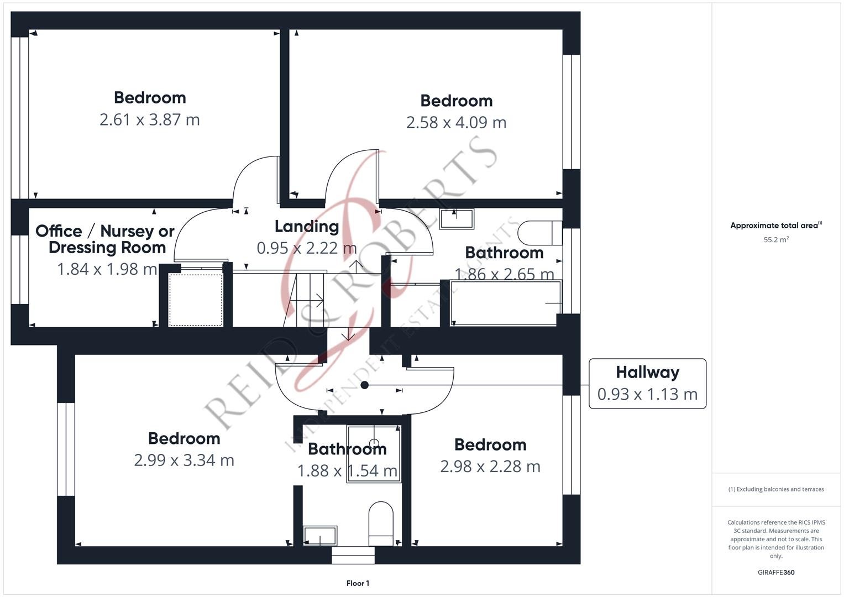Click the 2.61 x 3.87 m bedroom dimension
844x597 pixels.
tap(150, 119)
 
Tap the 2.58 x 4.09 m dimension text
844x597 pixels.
tap(456, 122)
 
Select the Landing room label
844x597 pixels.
tap(307, 226)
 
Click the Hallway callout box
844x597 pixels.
tap(647, 384)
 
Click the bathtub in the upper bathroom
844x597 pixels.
tap(505, 303)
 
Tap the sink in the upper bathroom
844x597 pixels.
tap(457, 219)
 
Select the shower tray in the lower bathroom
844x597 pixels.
tap(374, 453)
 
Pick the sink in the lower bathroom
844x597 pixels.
tap(320, 536)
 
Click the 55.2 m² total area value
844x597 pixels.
tap(776, 240)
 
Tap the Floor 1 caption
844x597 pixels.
tap(358, 583)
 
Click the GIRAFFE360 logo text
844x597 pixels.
tap(776, 573)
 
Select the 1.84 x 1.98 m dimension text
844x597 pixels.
tap(107, 269)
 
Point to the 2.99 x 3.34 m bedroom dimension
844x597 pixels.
tap(184, 460)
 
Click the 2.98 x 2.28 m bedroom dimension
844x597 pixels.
tap(490, 467)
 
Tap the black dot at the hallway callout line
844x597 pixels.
tap(364, 385)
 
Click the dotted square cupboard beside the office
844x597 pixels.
tap(196, 300)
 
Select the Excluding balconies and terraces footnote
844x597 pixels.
tap(776, 489)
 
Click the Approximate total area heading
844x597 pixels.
tap(775, 226)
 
